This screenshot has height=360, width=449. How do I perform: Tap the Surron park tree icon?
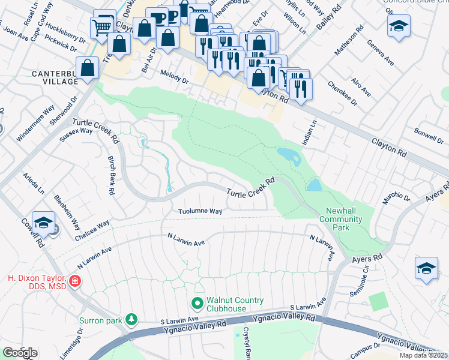pyautogui.click(x=131, y=319)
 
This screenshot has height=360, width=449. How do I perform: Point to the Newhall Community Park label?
pyautogui.click(x=344, y=215)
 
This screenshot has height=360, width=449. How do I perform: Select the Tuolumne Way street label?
pyautogui.click(x=200, y=211)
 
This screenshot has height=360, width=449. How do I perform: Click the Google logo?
pyautogui.click(x=20, y=352)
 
